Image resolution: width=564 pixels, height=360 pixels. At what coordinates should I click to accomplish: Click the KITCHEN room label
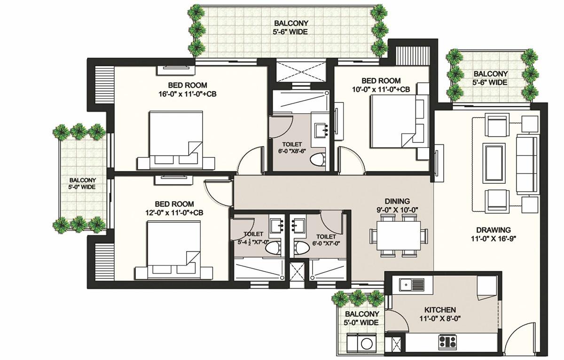[440, 310]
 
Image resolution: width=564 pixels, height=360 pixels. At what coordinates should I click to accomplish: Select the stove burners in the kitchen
[447, 340]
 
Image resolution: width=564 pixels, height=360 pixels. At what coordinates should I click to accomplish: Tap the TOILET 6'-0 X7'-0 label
[326, 240]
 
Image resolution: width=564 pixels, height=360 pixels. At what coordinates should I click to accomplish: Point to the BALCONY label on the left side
[83, 180]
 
